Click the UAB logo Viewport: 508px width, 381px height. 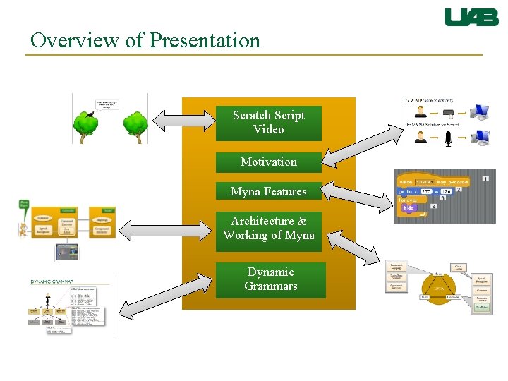point(471,17)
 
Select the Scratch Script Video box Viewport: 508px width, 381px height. point(269,123)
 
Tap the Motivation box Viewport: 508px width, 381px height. point(269,162)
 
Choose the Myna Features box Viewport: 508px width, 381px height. point(269,192)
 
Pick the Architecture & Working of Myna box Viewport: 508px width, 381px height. point(269,229)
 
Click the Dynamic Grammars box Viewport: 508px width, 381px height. point(271,279)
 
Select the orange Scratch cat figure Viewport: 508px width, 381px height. point(22,228)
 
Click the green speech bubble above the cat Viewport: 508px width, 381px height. point(25,205)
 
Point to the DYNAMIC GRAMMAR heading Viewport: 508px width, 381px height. point(52,282)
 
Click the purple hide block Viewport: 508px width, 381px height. point(409,208)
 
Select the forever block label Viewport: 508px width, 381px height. point(409,200)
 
